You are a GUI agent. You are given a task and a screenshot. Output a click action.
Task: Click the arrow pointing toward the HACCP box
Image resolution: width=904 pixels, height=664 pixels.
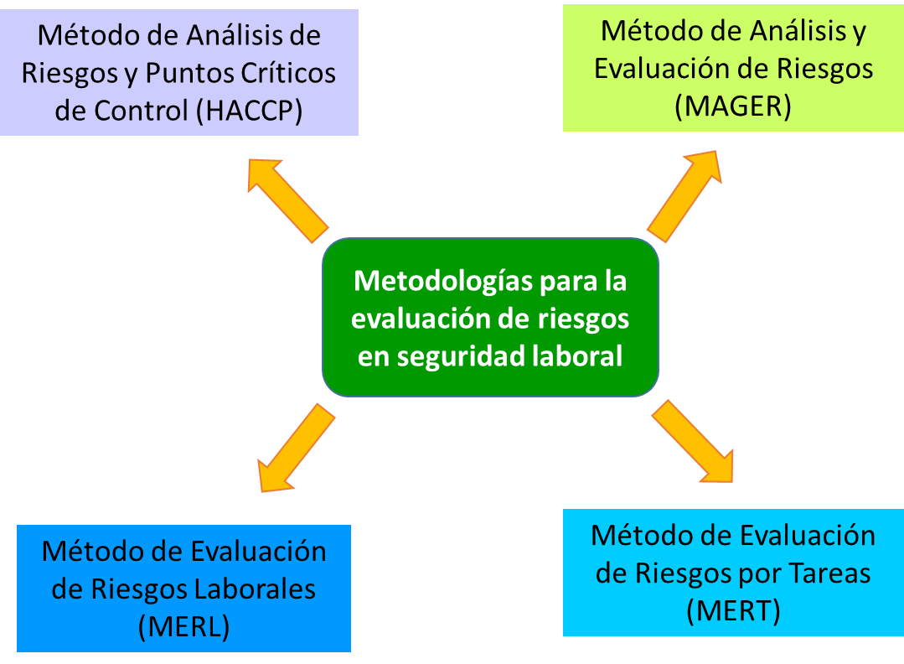[286, 198]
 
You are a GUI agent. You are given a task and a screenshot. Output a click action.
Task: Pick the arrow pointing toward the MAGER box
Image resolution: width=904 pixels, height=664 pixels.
[685, 192]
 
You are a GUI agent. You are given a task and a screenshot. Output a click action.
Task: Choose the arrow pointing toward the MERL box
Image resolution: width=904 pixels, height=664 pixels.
[294, 449]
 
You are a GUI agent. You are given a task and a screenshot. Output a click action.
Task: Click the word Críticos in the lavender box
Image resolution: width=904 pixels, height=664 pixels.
[287, 73]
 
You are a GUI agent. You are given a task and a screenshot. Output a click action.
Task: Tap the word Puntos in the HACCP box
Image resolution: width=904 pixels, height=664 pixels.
[187, 73]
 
